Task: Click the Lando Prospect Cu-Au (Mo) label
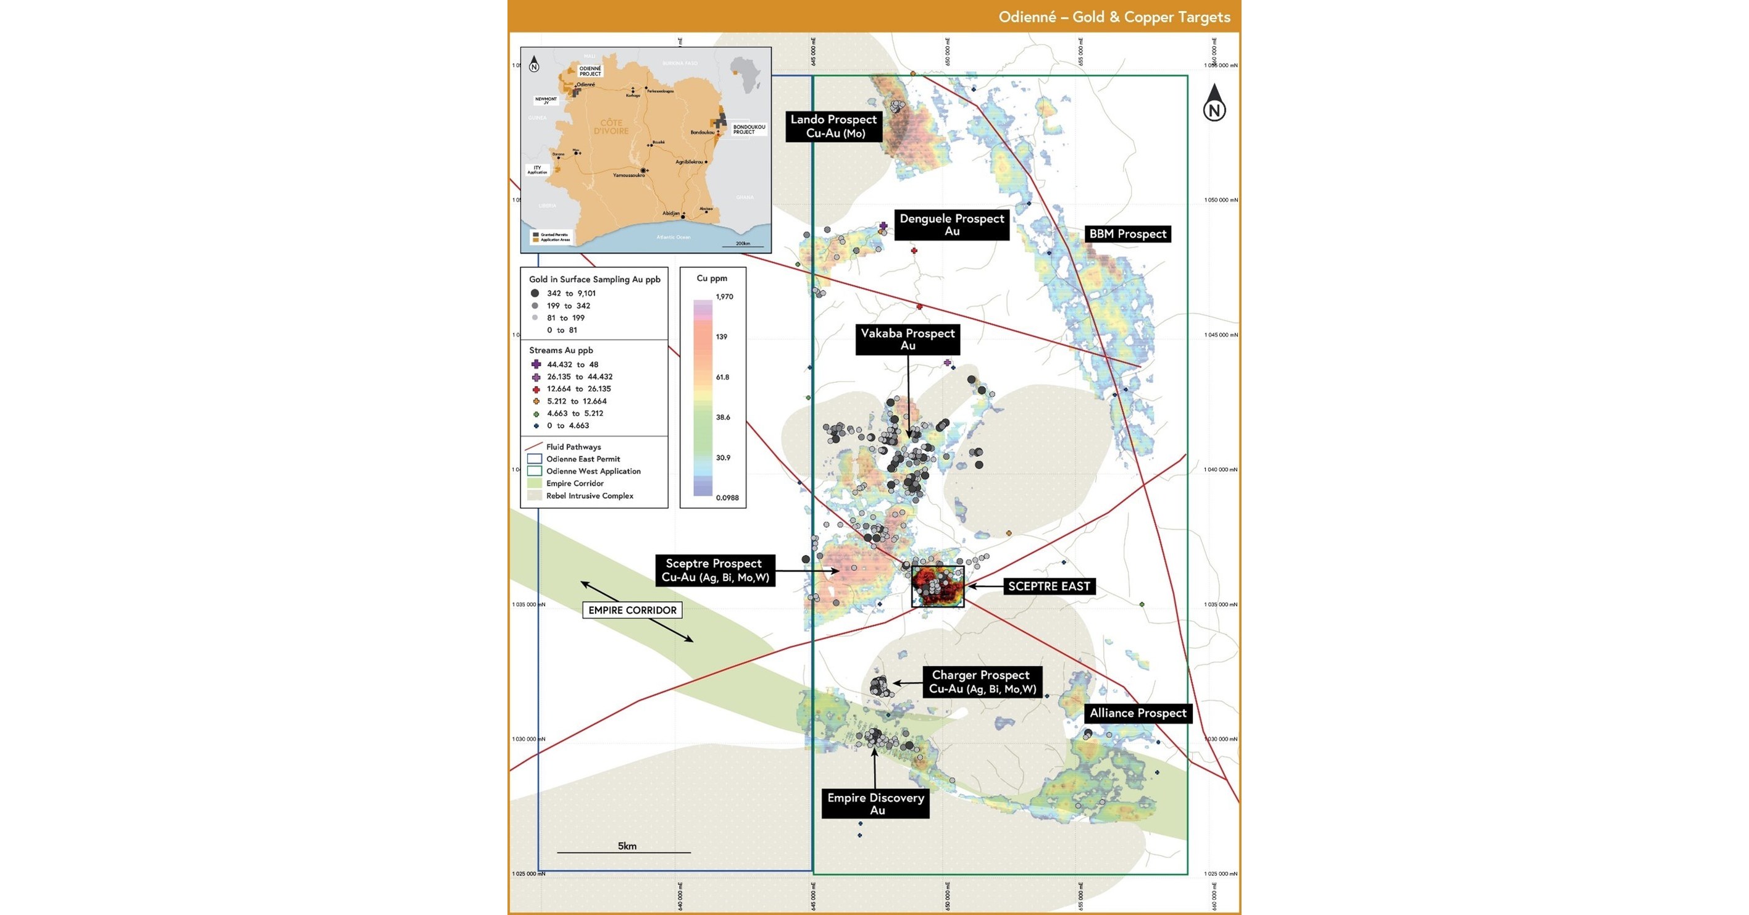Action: click(x=834, y=126)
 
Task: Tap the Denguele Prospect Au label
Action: click(x=951, y=225)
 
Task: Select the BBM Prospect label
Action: click(x=1127, y=234)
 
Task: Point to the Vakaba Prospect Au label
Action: click(x=907, y=340)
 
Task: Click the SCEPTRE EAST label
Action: click(x=1048, y=587)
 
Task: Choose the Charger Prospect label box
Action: click(x=982, y=682)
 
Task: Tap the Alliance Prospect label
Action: click(x=1137, y=713)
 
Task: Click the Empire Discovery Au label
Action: click(x=875, y=804)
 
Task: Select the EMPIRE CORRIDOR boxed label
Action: click(x=632, y=610)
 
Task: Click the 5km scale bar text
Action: click(x=627, y=846)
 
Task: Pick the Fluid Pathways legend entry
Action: click(x=573, y=446)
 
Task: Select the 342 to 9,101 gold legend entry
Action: click(x=570, y=293)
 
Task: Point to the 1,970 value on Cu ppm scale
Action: click(x=724, y=296)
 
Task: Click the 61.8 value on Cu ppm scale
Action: click(x=722, y=377)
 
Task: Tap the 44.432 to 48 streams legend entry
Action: click(x=572, y=364)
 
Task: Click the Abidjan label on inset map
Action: click(x=671, y=213)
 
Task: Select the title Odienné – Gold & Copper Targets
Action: click(x=1114, y=17)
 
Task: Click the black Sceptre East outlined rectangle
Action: click(x=938, y=587)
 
